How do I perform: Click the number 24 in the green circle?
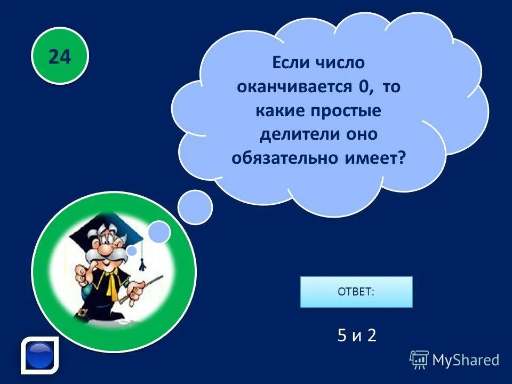(59, 56)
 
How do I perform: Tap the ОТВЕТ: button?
(356, 292)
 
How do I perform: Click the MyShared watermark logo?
(454, 359)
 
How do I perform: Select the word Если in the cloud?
(291, 63)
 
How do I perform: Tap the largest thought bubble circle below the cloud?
(195, 207)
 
